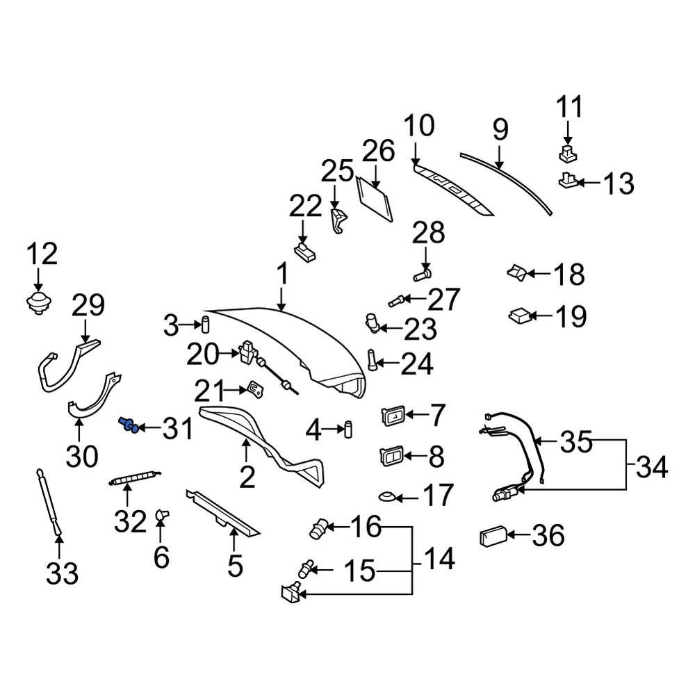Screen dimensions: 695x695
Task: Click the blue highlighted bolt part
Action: (x=128, y=425)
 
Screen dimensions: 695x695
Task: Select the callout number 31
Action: (x=178, y=429)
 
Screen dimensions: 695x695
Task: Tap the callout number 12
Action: (x=42, y=254)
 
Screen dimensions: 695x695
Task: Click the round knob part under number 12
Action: (x=39, y=303)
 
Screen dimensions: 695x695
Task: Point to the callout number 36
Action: (x=548, y=535)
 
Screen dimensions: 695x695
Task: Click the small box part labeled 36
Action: (x=493, y=536)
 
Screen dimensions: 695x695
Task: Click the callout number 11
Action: (x=569, y=107)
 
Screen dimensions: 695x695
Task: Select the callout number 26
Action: (x=379, y=151)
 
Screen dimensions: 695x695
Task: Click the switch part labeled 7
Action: (x=393, y=416)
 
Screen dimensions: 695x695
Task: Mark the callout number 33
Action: (x=62, y=573)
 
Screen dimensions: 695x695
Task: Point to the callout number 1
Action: (x=283, y=274)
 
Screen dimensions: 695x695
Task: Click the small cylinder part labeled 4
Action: (x=348, y=430)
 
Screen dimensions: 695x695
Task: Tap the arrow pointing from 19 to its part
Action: (x=541, y=316)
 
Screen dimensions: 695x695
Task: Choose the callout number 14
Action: (x=439, y=559)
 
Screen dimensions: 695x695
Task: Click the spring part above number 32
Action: (x=135, y=477)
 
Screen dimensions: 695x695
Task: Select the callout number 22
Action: (x=305, y=206)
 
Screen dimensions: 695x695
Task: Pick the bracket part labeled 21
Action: (x=255, y=389)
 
